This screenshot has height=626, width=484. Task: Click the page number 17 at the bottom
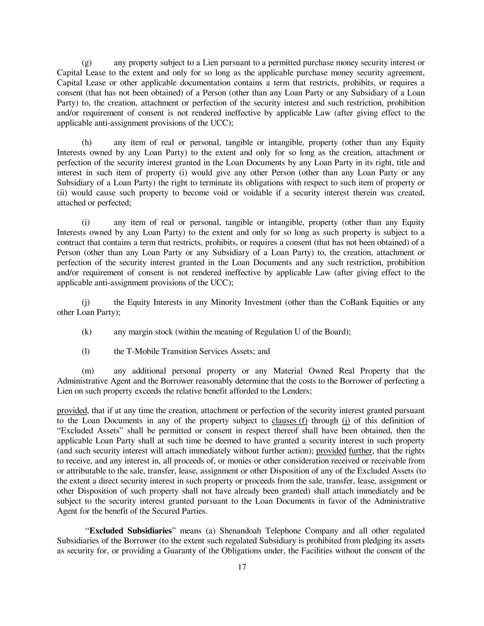click(x=242, y=567)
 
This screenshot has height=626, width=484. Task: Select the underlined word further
click(x=360, y=451)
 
